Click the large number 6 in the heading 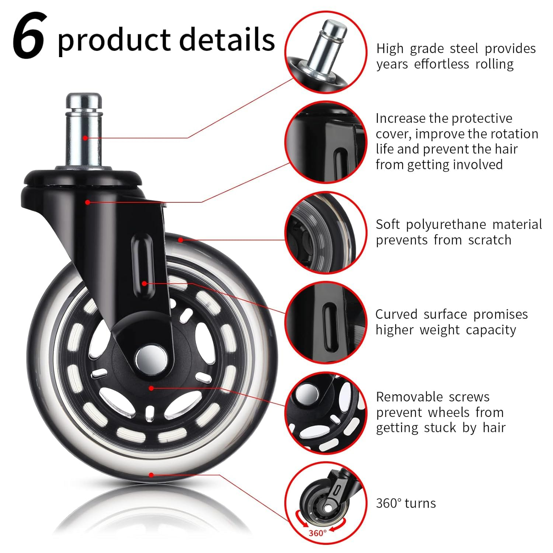[x=29, y=36]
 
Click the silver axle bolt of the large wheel [x=151, y=357]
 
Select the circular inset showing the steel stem [x=326, y=52]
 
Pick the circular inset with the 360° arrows [x=326, y=503]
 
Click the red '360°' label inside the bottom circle [x=317, y=533]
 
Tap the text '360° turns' [x=406, y=503]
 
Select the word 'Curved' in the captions [x=396, y=314]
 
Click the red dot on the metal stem [x=85, y=138]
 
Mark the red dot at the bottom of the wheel [x=151, y=475]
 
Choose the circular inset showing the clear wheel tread [x=326, y=232]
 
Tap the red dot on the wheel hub [x=151, y=388]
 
